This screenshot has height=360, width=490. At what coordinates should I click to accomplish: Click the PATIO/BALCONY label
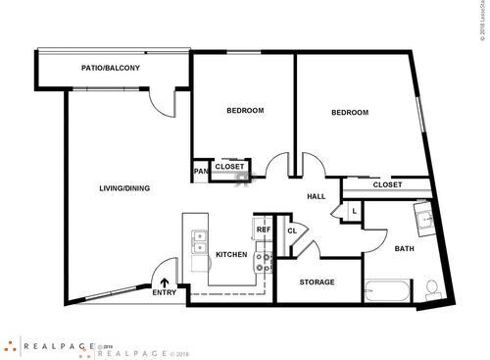point(110,68)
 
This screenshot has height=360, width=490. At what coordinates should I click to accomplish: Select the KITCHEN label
point(231,254)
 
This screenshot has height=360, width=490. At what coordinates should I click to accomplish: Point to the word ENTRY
point(165,292)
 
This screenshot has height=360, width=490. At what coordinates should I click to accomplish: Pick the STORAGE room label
point(317,283)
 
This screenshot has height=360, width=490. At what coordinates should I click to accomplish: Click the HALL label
point(316,197)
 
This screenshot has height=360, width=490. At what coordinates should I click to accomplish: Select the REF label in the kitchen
point(263,230)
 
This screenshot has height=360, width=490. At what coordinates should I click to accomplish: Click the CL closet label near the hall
point(291,231)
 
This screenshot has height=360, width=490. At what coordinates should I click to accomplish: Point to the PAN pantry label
point(200,172)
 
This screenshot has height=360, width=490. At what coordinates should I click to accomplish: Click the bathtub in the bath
point(389,290)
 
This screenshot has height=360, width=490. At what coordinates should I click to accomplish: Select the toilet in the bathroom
point(432,288)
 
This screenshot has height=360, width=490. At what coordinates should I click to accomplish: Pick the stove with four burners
point(263,262)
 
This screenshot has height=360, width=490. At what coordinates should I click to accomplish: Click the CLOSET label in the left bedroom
point(229,167)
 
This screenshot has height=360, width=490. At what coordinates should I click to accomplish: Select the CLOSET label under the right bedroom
point(387,184)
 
